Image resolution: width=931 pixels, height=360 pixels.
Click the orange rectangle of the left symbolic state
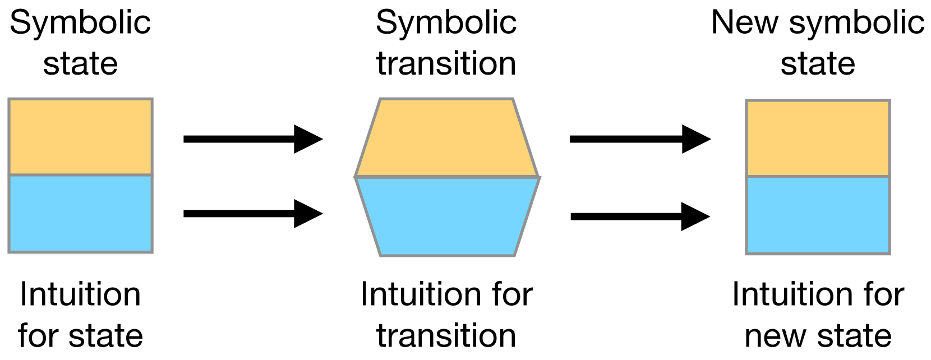point(80,137)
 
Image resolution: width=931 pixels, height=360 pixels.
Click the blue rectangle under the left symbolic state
point(80,214)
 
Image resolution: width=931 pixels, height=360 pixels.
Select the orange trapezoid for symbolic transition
point(446,138)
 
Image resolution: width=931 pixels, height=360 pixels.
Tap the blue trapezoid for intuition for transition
point(446,216)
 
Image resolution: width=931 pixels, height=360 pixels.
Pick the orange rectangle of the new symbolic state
point(818,139)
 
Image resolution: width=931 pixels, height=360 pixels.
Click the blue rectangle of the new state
point(818,215)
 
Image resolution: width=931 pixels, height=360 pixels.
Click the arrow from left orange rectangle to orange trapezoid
point(252,139)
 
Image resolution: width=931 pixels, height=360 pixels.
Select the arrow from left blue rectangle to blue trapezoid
point(252,214)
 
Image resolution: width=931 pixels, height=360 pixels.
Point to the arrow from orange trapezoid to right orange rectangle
point(639,139)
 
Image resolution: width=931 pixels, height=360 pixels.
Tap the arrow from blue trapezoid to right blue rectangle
point(639,216)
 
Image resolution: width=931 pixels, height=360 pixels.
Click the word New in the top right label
point(745,24)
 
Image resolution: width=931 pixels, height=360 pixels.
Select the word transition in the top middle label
point(446,63)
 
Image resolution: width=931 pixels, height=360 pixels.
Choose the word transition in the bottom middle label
point(446,335)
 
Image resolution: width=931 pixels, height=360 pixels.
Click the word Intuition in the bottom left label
point(80,294)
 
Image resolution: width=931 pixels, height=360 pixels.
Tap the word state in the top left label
point(80,63)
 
